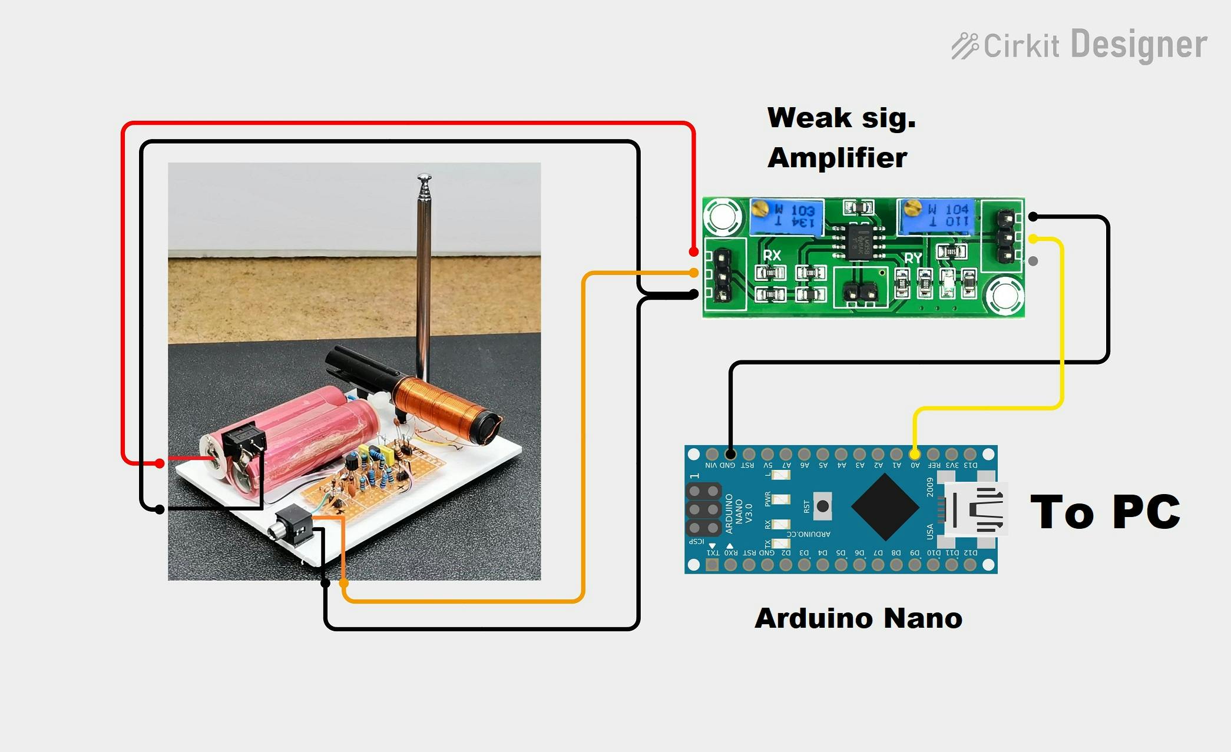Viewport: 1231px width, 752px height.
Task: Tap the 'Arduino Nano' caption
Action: click(858, 618)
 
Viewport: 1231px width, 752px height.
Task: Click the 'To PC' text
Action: click(1105, 511)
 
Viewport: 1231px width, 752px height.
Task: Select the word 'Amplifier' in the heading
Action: click(837, 158)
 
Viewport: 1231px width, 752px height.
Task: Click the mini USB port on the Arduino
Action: click(974, 509)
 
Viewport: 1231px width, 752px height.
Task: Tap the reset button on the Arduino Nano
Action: click(822, 506)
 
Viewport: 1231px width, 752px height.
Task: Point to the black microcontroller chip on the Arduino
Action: click(885, 506)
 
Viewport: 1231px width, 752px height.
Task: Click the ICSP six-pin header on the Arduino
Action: click(704, 509)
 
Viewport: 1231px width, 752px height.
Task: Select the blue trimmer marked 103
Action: click(786, 216)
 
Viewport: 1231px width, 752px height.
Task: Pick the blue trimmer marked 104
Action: click(935, 216)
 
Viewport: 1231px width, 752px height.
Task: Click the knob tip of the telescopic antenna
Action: click(424, 177)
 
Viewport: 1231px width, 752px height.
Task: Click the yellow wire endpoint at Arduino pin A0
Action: click(914, 454)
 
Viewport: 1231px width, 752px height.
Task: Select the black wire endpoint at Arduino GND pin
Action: click(730, 454)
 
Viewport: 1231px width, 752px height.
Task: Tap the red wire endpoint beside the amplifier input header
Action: click(694, 252)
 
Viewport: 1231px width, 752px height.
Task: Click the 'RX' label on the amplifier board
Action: click(772, 255)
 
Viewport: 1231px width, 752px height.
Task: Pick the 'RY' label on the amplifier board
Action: click(913, 258)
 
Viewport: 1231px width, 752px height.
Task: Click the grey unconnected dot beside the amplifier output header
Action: click(1033, 261)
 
